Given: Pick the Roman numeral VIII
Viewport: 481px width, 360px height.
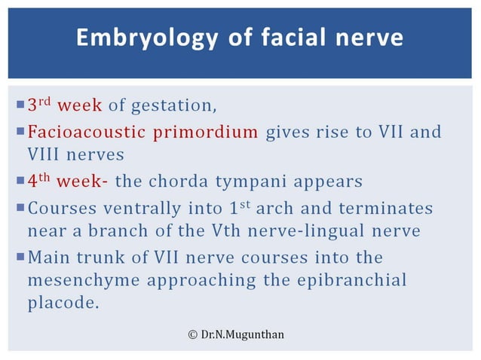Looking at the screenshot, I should [46, 155].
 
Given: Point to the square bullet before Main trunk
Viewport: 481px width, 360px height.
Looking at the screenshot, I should [20, 258].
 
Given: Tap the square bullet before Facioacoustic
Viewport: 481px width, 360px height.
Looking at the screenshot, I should [20, 133].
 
